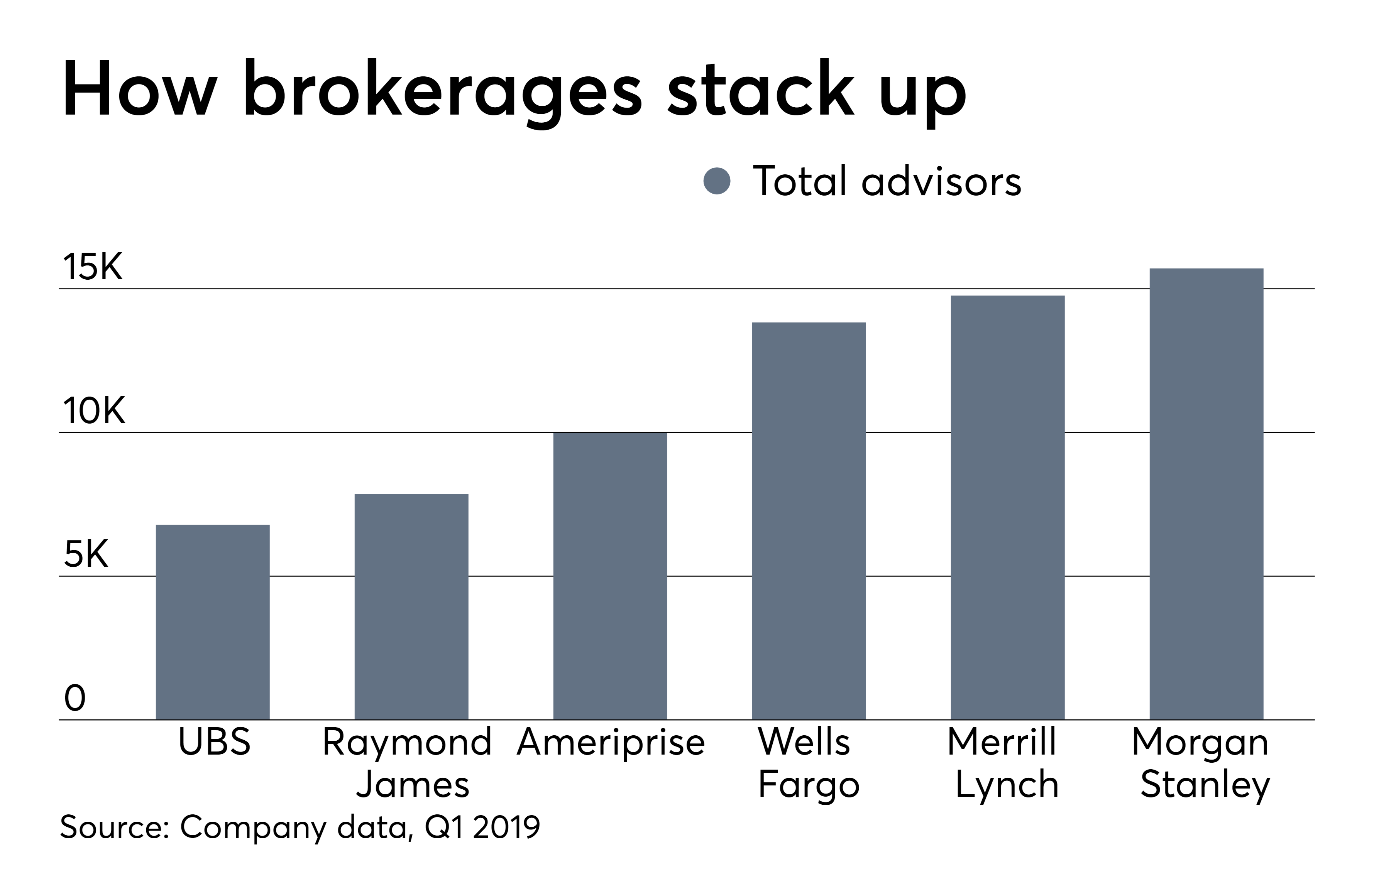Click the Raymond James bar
tap(411, 606)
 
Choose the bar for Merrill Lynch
tap(1007, 507)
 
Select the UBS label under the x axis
tap(214, 742)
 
